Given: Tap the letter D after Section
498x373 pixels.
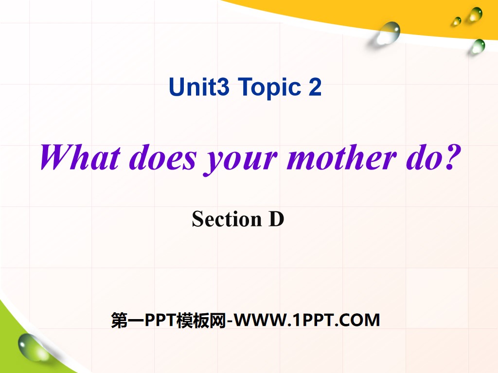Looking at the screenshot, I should click(x=276, y=219).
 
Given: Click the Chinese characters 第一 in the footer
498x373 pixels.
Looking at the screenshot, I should click(x=124, y=320).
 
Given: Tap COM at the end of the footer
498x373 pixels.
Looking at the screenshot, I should click(x=360, y=320).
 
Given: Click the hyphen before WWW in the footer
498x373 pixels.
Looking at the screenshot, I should click(x=230, y=321).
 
